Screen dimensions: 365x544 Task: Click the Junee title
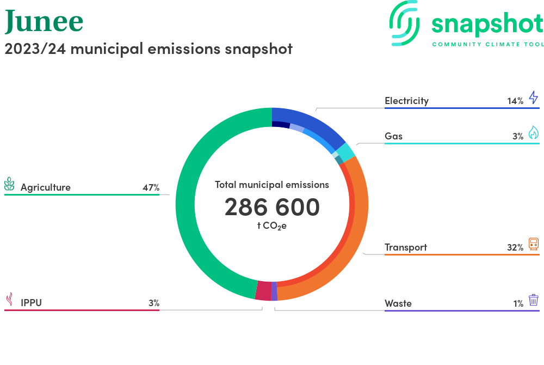[x=44, y=21]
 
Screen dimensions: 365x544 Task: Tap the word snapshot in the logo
[x=487, y=24]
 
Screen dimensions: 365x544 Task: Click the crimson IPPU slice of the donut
[x=263, y=290]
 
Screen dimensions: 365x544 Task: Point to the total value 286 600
[x=272, y=207]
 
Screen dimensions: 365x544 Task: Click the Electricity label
[x=406, y=101]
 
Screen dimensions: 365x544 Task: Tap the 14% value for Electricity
[x=515, y=101]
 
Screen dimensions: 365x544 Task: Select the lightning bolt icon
[x=534, y=98]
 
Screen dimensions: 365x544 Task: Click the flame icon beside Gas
[x=534, y=133]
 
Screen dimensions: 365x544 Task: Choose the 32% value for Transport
[x=515, y=247]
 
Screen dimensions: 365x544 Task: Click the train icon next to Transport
[x=534, y=244]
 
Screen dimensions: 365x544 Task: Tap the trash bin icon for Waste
[x=534, y=300]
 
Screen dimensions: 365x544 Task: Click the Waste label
[x=398, y=303]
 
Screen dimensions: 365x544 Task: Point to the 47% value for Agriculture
[x=151, y=188]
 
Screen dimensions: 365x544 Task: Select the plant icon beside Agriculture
[x=9, y=184]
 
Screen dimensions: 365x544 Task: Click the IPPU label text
[x=31, y=303]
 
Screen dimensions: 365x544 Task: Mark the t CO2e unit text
[x=272, y=226]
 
